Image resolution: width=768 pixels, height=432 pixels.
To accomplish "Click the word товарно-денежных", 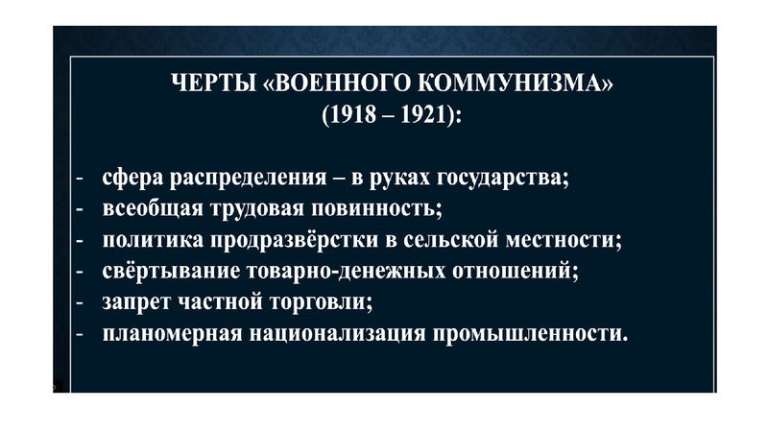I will click(327, 271).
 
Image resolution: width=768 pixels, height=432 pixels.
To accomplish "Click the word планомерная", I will click(170, 333).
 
